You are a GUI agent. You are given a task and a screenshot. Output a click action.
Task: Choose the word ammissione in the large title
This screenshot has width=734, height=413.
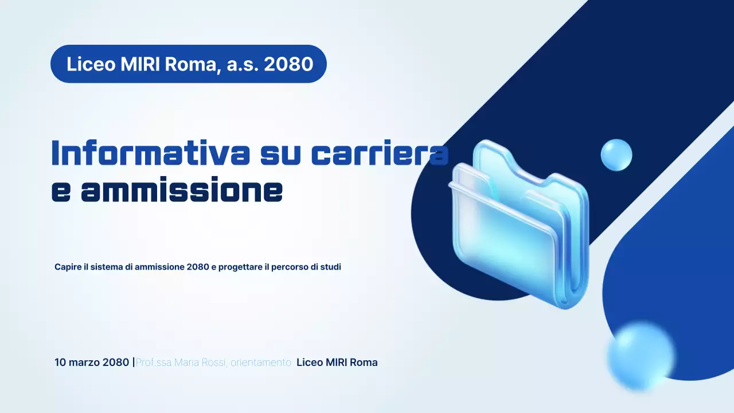click(x=182, y=191)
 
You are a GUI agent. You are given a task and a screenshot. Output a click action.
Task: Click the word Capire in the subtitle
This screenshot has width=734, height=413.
click(x=68, y=267)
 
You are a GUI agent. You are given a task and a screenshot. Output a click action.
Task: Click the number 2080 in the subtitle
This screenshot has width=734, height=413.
click(x=198, y=267)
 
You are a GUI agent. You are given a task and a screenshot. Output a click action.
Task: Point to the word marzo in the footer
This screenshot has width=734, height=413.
click(x=84, y=363)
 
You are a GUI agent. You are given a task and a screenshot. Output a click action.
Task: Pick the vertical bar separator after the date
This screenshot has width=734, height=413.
click(x=134, y=363)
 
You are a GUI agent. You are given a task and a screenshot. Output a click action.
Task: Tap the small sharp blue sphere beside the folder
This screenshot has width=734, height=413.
click(x=616, y=155)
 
